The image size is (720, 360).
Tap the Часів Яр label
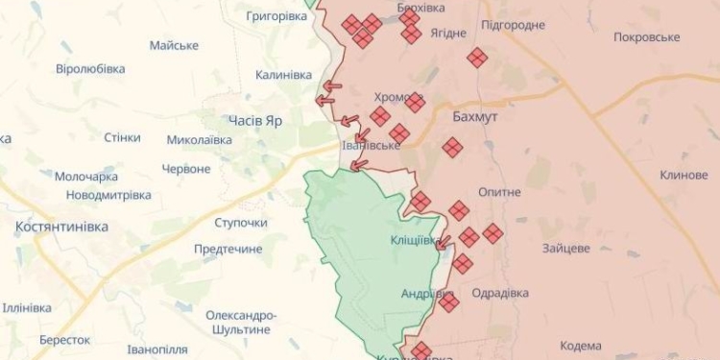pos(255,120)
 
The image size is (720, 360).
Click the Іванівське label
pos(371,145)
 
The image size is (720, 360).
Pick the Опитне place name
pos(499,192)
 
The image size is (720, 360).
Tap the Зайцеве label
pos(566,248)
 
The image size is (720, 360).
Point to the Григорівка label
pos(276,16)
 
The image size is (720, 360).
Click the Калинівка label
pos(283,75)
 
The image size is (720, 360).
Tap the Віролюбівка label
pos(90,69)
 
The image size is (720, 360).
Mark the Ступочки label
pos(241,223)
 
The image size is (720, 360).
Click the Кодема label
pos(580,346)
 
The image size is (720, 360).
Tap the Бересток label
pos(64,340)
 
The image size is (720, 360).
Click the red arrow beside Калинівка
pos(331,85)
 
